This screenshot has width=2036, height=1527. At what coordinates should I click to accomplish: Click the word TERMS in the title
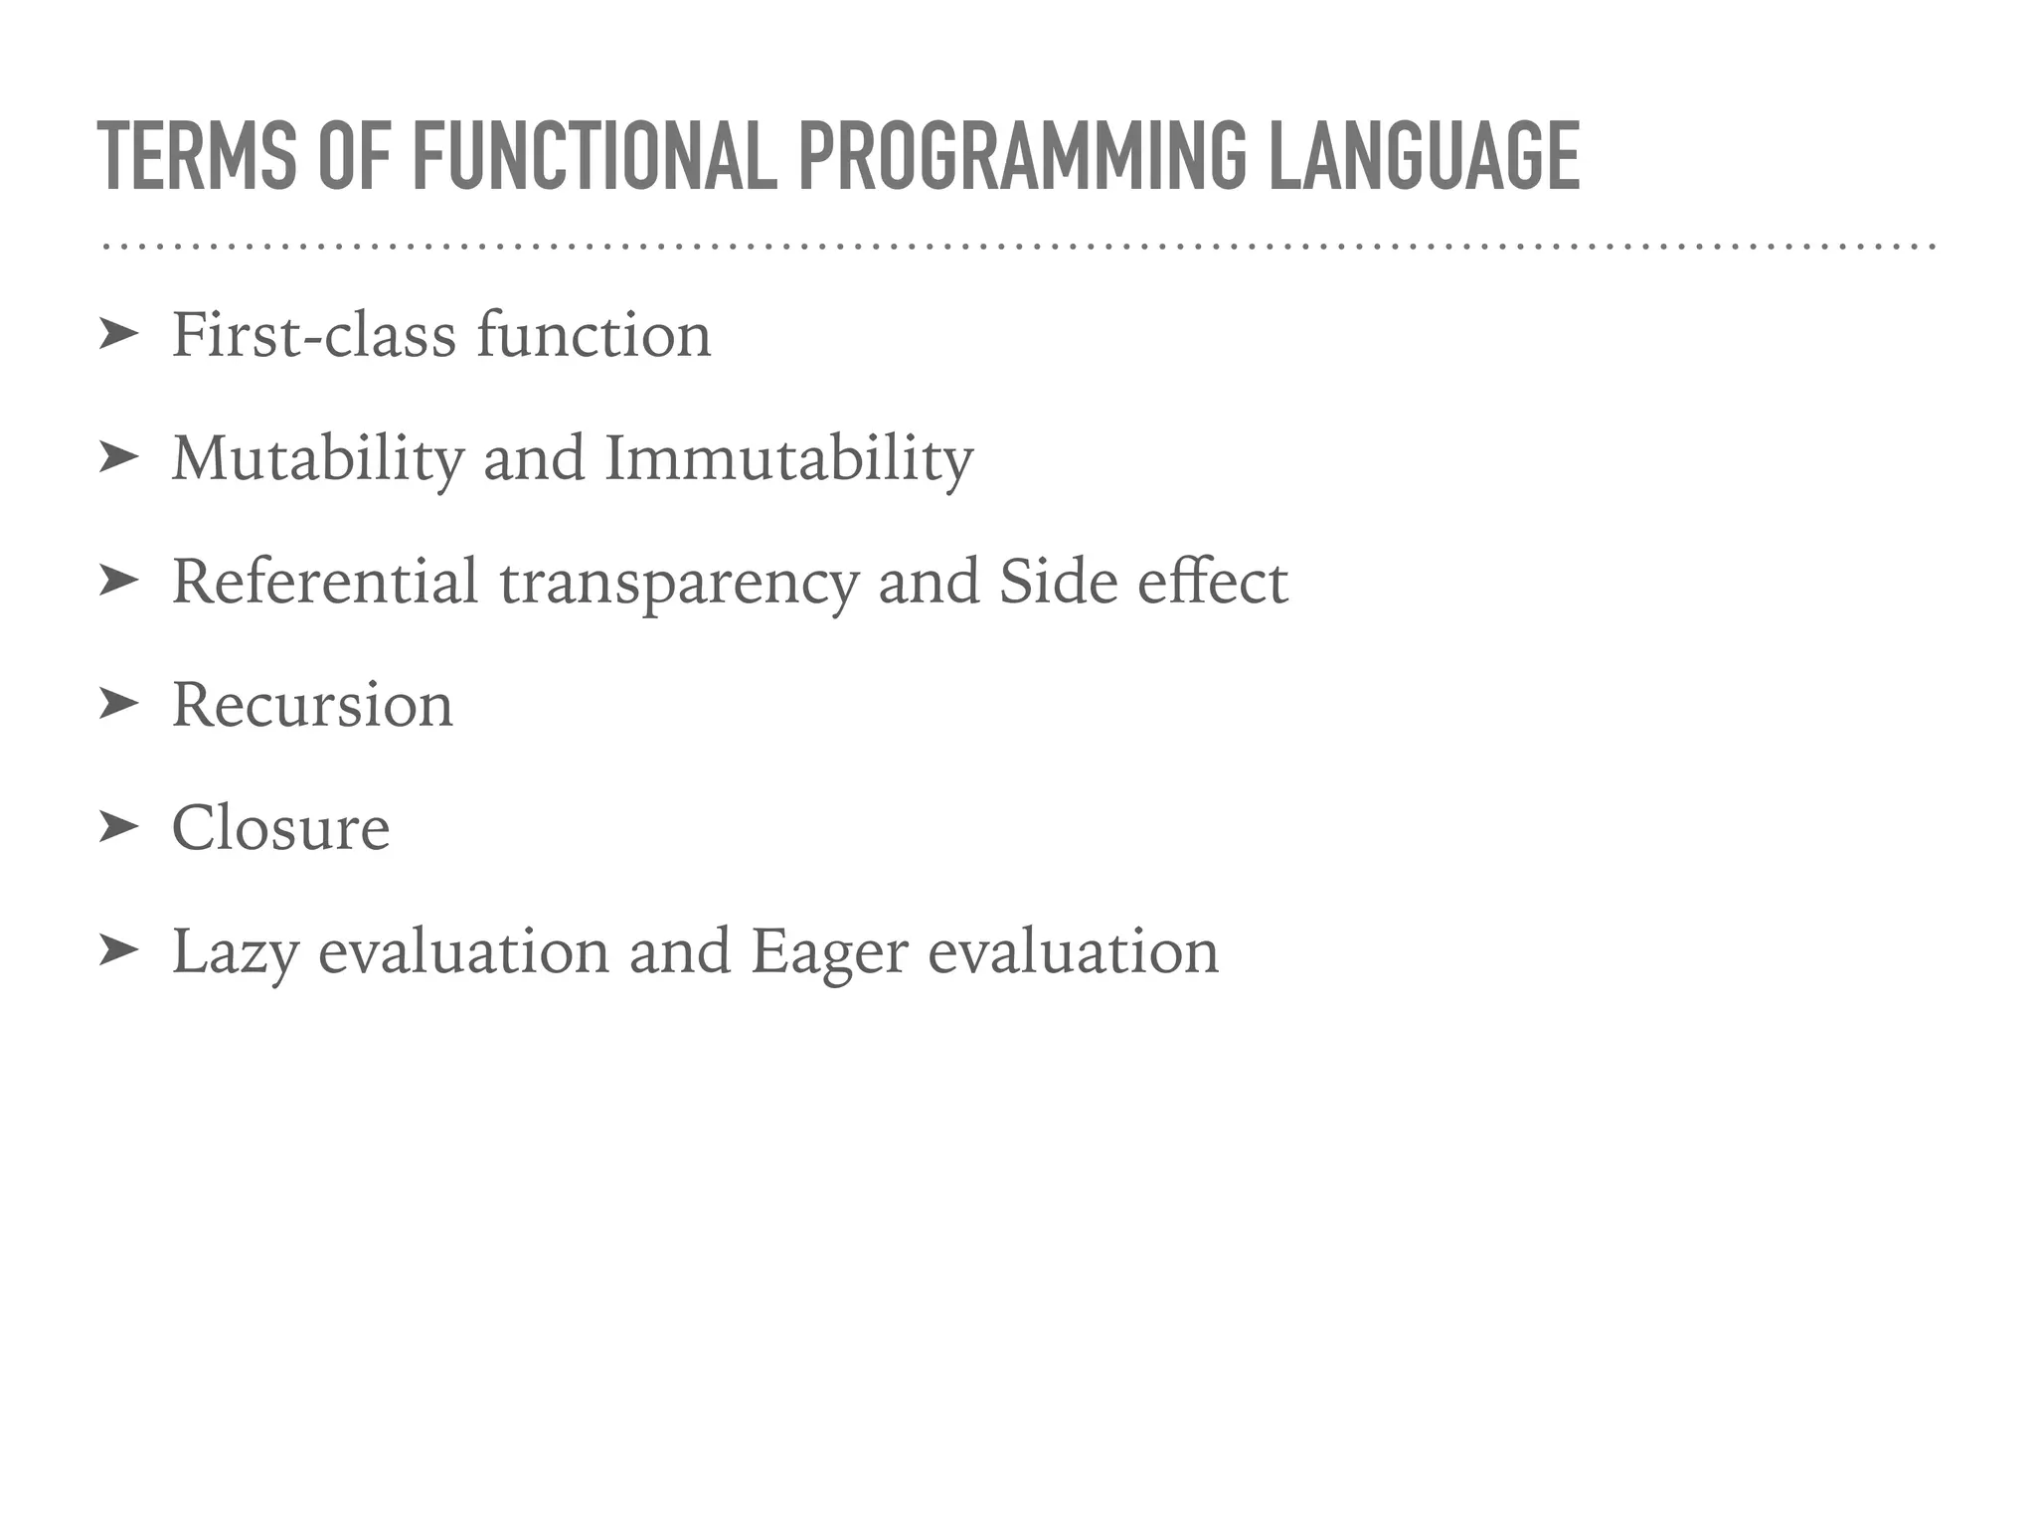(x=197, y=156)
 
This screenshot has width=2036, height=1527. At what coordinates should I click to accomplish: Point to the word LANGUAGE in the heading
(x=1424, y=156)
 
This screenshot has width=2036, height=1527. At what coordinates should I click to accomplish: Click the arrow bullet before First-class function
(x=118, y=336)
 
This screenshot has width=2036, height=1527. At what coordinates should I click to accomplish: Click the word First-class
(x=313, y=335)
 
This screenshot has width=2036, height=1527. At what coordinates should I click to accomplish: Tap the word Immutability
(x=788, y=459)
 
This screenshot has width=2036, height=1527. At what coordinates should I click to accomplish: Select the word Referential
(x=325, y=582)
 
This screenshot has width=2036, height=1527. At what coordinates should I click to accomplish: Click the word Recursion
(x=312, y=706)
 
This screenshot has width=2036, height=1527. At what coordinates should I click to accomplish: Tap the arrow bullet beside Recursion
(x=118, y=705)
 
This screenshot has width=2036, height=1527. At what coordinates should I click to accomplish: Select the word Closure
(x=280, y=828)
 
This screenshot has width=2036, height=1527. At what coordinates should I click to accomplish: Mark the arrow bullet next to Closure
(x=118, y=828)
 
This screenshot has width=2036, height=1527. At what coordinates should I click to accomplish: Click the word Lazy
(x=235, y=952)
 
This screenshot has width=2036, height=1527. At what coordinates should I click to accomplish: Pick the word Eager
(x=829, y=952)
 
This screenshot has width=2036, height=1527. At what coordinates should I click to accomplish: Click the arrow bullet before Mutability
(x=118, y=458)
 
